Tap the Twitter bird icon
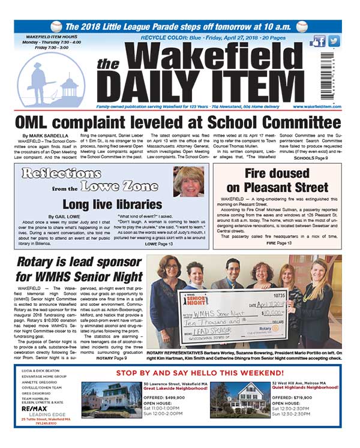tap(334, 41)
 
